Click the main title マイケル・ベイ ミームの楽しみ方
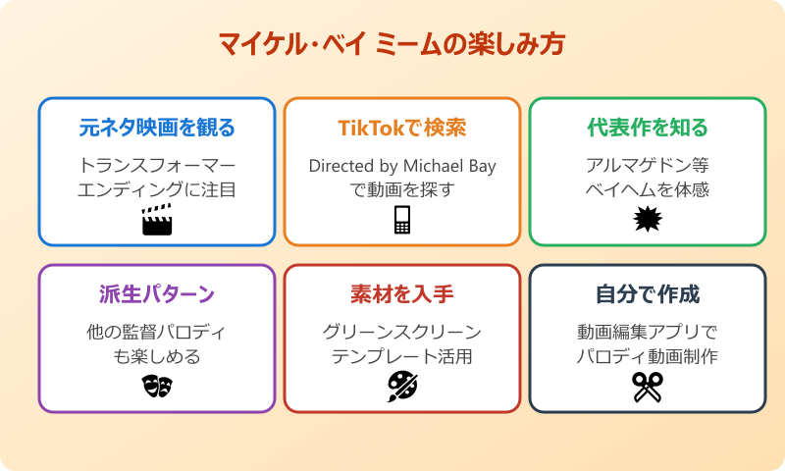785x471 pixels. pos(392,46)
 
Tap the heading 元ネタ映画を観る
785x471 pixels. pos(157,129)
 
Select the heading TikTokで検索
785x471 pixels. pos(402,129)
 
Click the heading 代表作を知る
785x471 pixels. pos(648,129)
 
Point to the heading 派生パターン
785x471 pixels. pos(157,294)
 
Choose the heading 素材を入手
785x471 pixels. pos(402,294)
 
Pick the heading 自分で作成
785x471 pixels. pos(648,294)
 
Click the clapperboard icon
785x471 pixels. pos(157,220)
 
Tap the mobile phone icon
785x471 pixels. pos(402,221)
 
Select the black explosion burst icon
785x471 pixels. pos(648,220)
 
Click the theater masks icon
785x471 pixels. pos(157,387)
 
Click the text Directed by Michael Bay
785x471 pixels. pos(402,165)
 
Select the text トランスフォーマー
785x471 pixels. pos(157,165)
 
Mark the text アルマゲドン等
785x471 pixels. pos(648,165)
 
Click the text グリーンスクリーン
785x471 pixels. pos(402,332)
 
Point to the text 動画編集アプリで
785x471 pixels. pos(648,332)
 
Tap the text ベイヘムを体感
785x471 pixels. pos(648,189)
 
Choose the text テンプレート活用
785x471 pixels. pos(402,356)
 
